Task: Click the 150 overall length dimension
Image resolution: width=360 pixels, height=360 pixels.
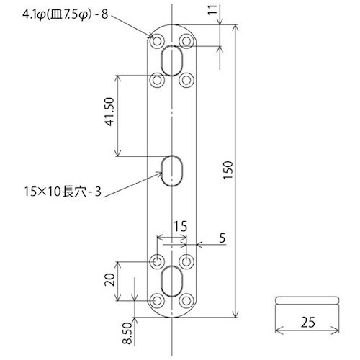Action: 228,170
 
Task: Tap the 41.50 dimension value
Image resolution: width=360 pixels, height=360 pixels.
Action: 109,112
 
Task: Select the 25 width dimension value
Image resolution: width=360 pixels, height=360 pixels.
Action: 308,323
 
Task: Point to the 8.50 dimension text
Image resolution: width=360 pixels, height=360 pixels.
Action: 127,333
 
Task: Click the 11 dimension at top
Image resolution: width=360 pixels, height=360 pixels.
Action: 212,10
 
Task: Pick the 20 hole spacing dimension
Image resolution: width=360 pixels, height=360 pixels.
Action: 109,279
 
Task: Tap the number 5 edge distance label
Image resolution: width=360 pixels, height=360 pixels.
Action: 222,238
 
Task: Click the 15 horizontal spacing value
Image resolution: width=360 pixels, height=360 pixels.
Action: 181,226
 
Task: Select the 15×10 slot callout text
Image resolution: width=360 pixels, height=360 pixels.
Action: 63,192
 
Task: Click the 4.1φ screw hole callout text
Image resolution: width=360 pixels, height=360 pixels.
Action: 66,15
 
